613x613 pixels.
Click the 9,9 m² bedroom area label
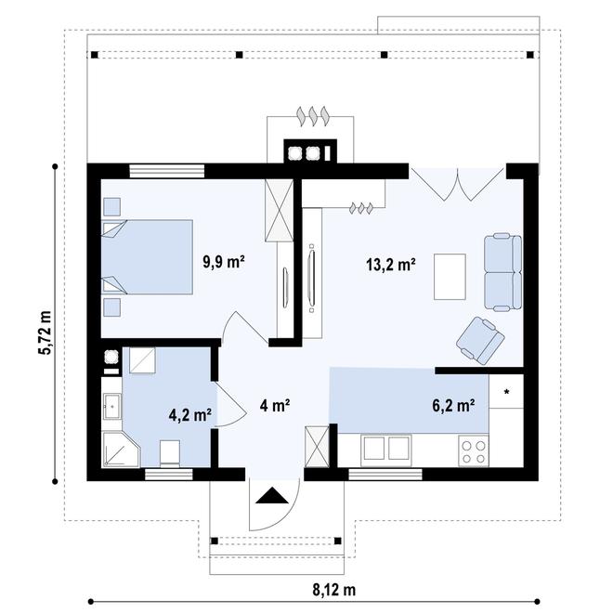point(224,262)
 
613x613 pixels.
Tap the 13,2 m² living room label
point(390,265)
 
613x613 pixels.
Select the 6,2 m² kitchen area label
point(453,405)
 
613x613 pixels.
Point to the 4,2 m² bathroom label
point(190,415)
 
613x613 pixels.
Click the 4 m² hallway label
point(275,405)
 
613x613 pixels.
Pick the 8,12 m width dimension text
point(334,590)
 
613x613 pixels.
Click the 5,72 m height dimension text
point(45,333)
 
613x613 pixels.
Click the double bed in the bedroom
point(147,257)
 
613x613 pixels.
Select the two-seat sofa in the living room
point(502,272)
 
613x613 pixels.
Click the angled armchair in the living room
point(480,340)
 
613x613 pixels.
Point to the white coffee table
point(450,277)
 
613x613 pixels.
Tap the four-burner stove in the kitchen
point(474,451)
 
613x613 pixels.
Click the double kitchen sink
point(386,449)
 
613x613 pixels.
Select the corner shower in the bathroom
point(121,450)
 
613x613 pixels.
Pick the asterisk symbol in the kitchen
point(507,392)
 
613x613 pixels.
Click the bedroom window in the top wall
point(167,171)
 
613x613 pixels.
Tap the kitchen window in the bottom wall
point(385,475)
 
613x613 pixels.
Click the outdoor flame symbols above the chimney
point(313,116)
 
